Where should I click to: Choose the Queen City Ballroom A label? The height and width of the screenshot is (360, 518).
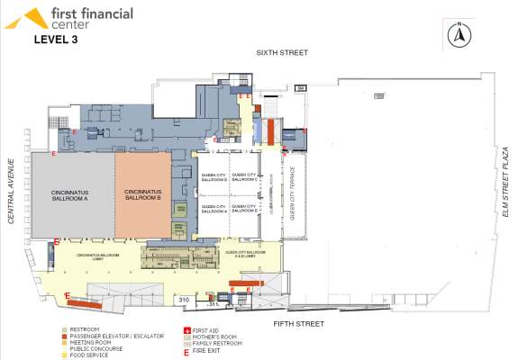[214, 211]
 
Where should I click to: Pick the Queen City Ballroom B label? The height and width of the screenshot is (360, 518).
[244, 211]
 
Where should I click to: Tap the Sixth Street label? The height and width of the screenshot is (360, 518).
[282, 53]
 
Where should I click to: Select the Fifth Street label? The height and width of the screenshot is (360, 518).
[298, 320]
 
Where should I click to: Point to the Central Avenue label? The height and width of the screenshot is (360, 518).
[12, 196]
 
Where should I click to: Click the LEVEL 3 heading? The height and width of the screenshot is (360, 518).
[59, 40]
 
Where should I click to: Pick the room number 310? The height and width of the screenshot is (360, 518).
[182, 299]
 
